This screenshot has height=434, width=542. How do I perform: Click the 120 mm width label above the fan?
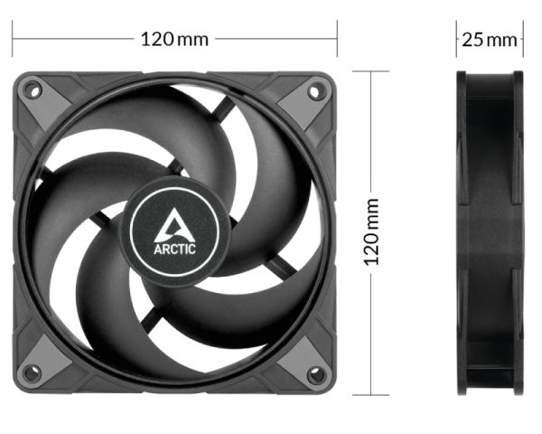pos(174,40)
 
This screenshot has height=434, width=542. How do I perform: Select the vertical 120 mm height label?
pos(370,233)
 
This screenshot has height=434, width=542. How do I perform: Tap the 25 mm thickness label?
pos(490,40)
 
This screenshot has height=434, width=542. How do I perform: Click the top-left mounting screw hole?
pos(32,90)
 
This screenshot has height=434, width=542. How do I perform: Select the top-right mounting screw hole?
pos(316,90)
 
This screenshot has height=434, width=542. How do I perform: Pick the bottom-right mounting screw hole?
pos(316,374)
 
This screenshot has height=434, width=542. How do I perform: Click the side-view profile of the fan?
pos(490,233)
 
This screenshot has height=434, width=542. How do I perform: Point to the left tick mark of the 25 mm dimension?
pos(457,40)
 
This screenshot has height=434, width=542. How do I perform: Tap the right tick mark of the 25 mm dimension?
pos(523,40)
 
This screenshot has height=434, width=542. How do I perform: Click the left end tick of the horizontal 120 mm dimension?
pos(13,40)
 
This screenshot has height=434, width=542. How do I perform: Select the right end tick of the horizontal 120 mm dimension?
pos(337,40)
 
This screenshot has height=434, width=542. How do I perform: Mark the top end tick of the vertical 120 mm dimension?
pos(370,71)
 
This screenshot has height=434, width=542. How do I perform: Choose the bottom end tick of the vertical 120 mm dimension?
pos(370,394)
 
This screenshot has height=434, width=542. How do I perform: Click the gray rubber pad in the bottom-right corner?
pos(298,358)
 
